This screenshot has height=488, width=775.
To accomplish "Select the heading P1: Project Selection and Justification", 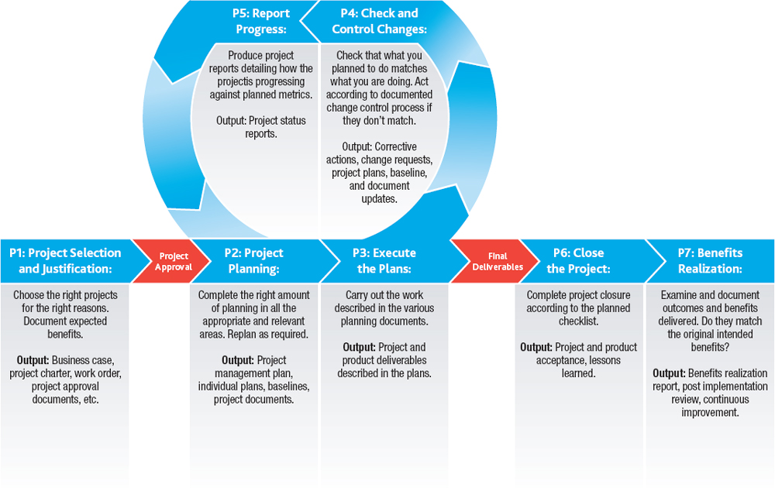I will [65, 261].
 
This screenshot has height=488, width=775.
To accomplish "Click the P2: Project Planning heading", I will [253, 261].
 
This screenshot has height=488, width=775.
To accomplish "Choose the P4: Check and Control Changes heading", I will [379, 21].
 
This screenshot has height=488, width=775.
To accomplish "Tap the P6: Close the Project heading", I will [578, 261].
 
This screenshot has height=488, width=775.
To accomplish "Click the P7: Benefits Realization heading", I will [710, 261].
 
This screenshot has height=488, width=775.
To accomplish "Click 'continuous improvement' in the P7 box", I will [710, 406].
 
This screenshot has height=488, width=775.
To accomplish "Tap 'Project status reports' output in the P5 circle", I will [260, 127].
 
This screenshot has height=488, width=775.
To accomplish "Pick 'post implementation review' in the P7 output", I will [710, 387].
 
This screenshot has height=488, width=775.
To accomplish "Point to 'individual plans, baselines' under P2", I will [253, 387].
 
